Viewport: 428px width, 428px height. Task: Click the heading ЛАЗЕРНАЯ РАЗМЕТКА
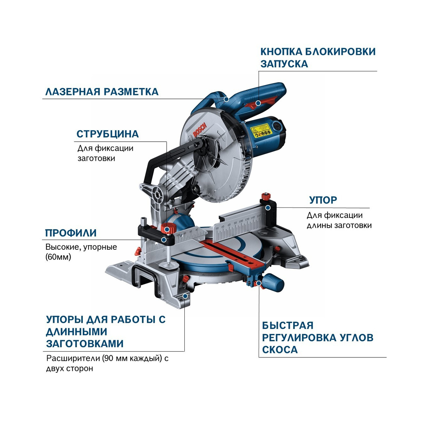(102, 92)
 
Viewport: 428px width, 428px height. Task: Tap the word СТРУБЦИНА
(108, 134)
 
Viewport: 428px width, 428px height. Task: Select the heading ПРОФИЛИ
(71, 233)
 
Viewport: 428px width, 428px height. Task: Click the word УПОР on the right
(323, 200)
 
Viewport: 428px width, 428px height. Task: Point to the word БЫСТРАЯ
(287, 325)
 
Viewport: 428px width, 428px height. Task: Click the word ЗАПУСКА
(284, 64)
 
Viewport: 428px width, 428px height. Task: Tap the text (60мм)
(58, 257)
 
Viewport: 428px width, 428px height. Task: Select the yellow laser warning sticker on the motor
(261, 131)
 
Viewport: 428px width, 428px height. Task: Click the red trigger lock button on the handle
(259, 103)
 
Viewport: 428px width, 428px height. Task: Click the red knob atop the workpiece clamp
(168, 228)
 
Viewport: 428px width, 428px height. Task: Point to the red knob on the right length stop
(266, 197)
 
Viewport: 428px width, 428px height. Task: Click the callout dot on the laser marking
(226, 99)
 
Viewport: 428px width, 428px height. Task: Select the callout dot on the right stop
(268, 208)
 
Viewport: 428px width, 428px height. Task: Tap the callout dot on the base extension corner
(184, 296)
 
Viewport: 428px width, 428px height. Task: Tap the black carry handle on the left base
(146, 282)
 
